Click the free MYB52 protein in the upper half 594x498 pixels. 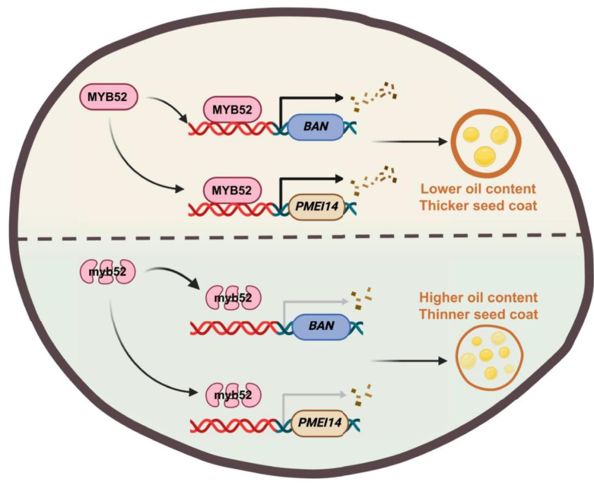(108, 97)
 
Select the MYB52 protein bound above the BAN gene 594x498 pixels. (233, 110)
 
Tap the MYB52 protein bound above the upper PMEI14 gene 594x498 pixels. (232, 190)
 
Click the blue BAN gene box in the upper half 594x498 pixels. (316, 127)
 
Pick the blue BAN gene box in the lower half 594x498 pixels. (321, 326)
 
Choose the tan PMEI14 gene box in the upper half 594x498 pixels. (317, 207)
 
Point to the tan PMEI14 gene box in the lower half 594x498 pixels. (319, 423)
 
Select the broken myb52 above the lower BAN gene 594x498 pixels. (233, 298)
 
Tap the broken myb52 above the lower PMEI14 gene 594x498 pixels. (233, 395)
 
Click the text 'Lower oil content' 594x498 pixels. (479, 189)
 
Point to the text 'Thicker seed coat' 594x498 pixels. (479, 206)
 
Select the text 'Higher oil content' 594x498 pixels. (479, 298)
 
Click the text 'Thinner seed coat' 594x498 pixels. (479, 314)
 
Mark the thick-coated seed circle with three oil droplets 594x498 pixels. (485, 141)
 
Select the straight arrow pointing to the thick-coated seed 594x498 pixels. (410, 142)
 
